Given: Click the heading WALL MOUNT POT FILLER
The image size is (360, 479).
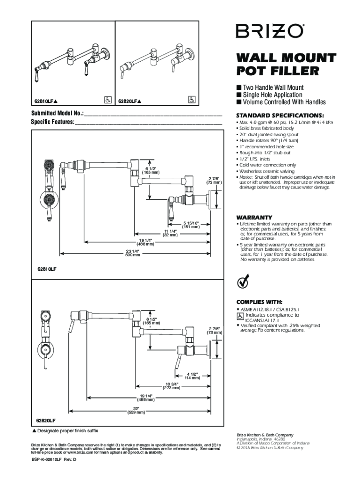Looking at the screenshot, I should (286, 65).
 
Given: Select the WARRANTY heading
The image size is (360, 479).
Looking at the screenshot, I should (254, 218).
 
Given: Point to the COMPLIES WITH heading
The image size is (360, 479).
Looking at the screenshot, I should (259, 302).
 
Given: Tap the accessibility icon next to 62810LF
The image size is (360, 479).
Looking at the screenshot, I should (107, 100).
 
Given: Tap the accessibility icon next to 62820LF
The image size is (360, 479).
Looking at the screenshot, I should (191, 100).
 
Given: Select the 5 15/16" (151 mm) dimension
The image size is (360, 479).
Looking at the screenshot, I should (191, 225).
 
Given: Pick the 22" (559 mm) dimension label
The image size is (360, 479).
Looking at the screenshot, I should (136, 410).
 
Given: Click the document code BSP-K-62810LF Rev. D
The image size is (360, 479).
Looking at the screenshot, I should (53, 460).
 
